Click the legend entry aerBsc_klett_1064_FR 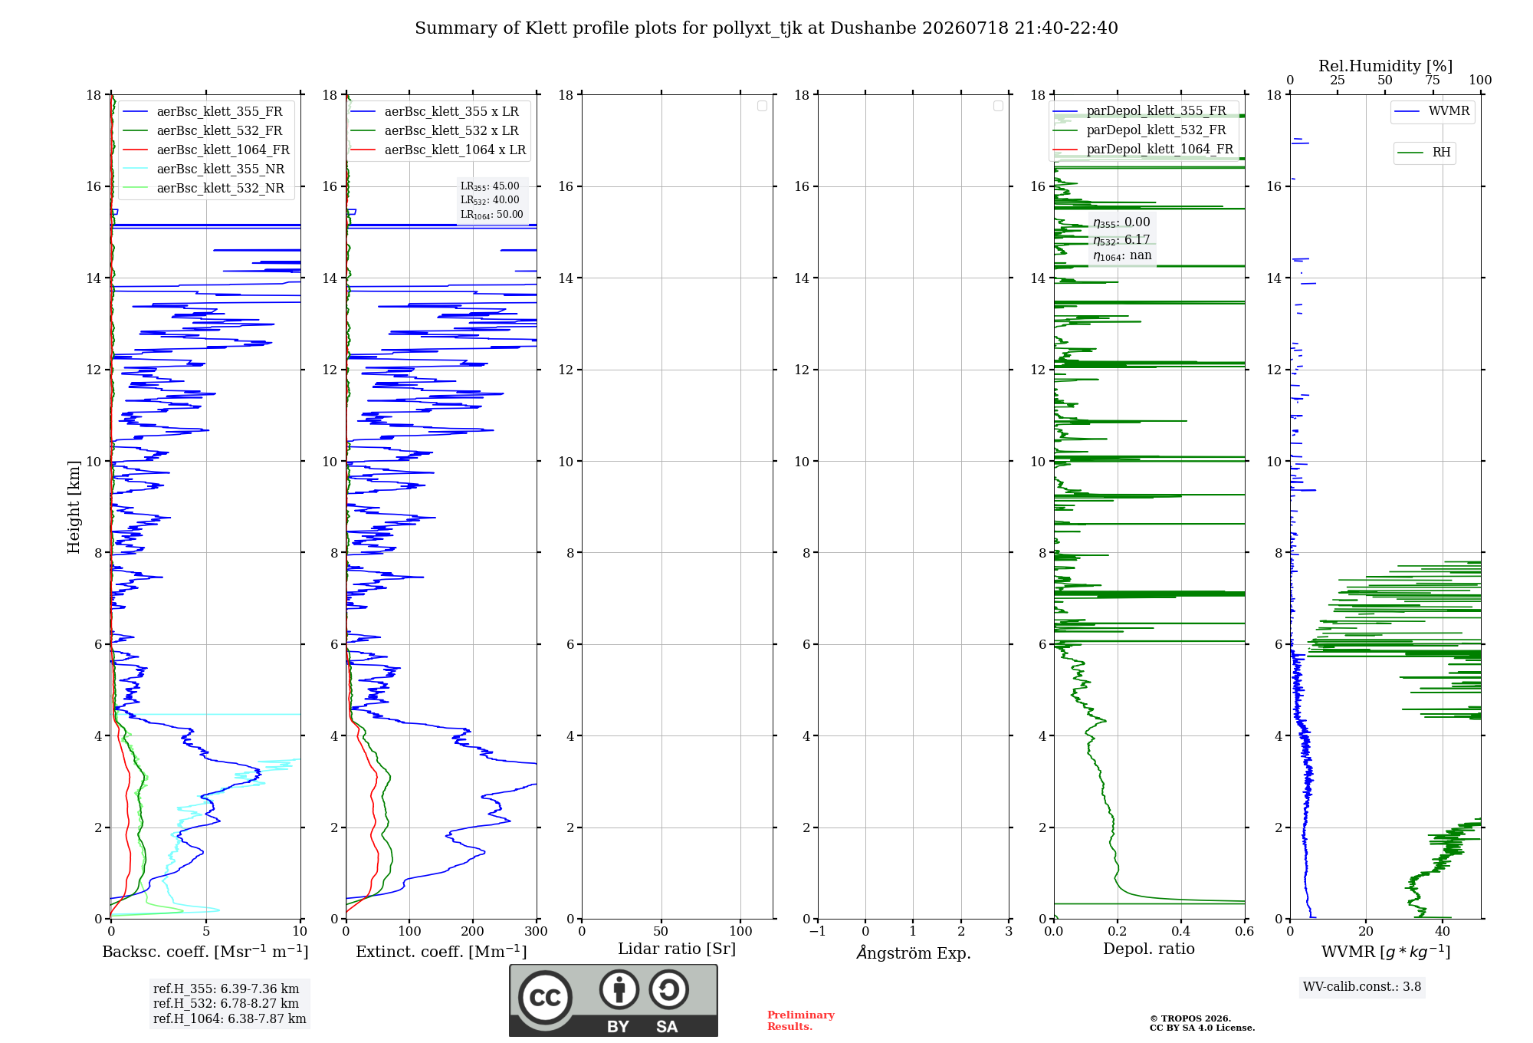click(x=205, y=150)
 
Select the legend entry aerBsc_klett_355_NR click(x=203, y=169)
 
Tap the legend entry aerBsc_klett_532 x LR click(x=435, y=130)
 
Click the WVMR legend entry click(x=1432, y=111)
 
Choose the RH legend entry click(x=1424, y=153)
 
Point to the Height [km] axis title click(x=74, y=507)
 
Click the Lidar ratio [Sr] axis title click(x=677, y=949)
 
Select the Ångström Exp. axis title click(x=914, y=952)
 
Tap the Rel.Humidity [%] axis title click(x=1386, y=66)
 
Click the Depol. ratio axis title click(x=1149, y=949)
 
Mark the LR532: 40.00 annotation click(x=490, y=200)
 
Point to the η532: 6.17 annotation click(x=1121, y=240)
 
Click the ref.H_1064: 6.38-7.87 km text click(x=230, y=1018)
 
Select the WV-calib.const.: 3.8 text click(x=1362, y=986)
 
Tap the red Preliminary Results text click(x=801, y=1021)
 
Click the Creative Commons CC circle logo click(x=545, y=997)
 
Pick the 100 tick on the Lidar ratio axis click(x=740, y=931)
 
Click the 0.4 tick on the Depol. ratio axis click(x=1181, y=931)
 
